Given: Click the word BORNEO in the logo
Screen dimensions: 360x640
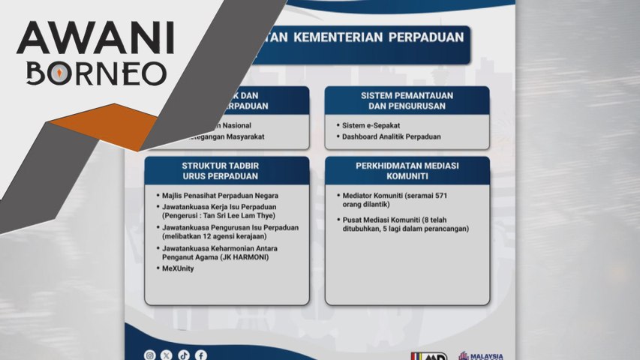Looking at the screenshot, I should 96,73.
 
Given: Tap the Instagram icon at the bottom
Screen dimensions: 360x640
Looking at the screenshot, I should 150,355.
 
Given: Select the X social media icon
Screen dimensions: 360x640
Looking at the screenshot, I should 167,355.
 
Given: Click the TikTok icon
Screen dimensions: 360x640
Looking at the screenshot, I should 184,355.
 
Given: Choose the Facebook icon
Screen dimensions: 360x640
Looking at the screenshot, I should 201,355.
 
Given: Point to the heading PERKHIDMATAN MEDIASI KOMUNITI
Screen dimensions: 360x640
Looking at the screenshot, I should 407,170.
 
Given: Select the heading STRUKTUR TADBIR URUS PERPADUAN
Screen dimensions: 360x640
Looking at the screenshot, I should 227,170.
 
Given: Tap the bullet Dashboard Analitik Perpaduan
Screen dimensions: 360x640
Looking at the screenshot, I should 391,137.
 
